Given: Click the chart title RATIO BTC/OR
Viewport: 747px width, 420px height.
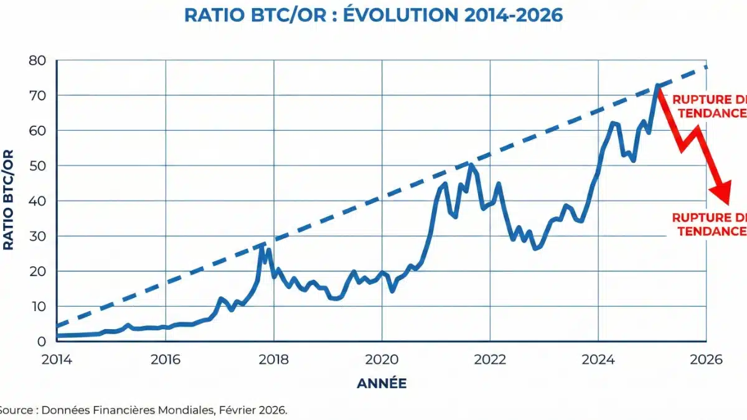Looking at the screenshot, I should (374, 15).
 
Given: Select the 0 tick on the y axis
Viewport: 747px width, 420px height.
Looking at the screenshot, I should (42, 342).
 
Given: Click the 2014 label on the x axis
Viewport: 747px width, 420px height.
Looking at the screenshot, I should (57, 360).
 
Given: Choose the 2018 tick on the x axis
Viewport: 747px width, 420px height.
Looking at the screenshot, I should (273, 360).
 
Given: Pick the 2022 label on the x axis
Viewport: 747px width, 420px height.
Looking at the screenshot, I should (490, 360).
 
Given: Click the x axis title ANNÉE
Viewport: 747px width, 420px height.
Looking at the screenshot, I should (382, 384).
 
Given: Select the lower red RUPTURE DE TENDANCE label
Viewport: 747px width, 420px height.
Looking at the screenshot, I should (710, 224).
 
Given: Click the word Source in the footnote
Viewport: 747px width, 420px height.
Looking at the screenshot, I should (11, 410).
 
